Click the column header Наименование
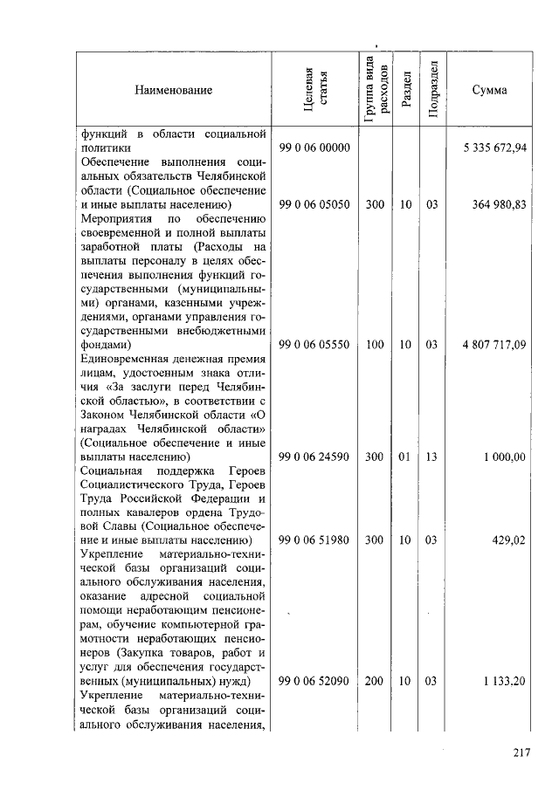[173, 89]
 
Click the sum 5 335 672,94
[494, 148]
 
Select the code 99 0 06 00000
[314, 148]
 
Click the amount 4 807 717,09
[494, 345]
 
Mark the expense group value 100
[375, 345]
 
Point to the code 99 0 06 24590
[314, 457]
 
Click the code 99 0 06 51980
[314, 540]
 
